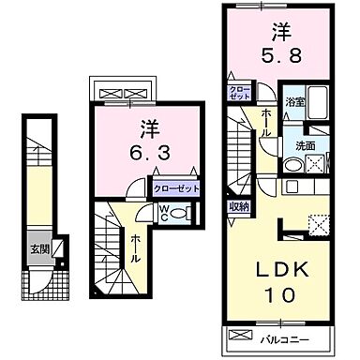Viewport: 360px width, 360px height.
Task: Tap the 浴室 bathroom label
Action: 294,101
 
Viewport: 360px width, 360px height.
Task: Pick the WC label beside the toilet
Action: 163,212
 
